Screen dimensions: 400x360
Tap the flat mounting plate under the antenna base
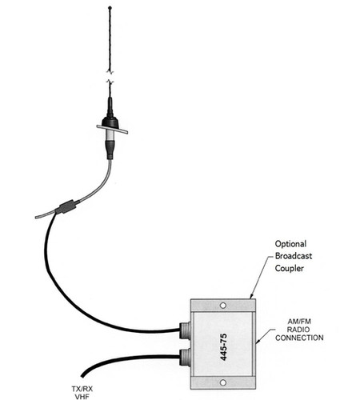point(111,126)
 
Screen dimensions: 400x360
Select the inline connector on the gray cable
point(66,206)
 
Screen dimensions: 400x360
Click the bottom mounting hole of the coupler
point(223,374)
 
